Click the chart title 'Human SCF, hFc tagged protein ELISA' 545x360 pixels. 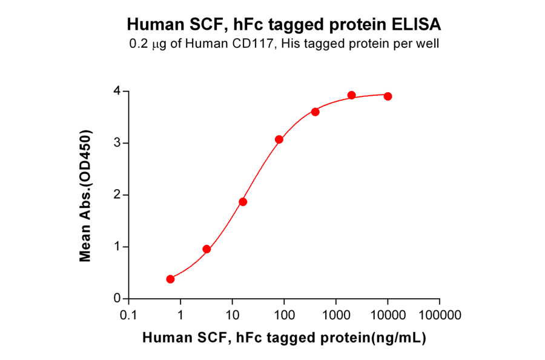coord(284,24)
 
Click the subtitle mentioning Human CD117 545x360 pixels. coord(284,44)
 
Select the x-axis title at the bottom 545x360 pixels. coord(284,338)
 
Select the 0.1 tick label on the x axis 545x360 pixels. coord(128,315)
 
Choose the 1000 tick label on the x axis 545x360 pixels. coord(335,315)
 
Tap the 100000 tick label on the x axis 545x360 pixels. coord(440,315)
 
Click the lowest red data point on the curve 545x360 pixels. coord(170,279)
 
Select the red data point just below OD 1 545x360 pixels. coord(206,249)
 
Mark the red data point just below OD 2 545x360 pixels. coord(243,202)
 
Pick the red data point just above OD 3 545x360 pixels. coord(279,139)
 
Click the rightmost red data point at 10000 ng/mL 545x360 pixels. coord(388,96)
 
